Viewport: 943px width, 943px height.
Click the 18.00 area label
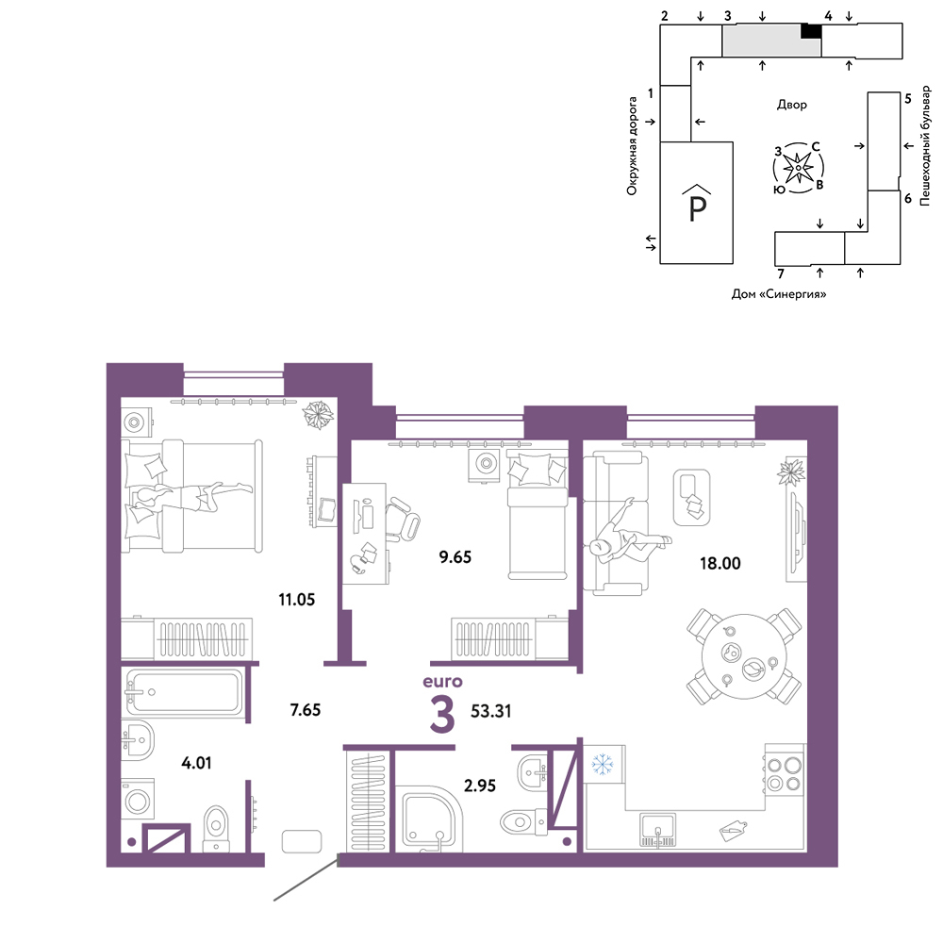pyautogui.click(x=720, y=564)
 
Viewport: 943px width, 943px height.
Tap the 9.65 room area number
pyautogui.click(x=455, y=557)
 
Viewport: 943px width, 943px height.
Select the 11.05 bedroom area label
pyautogui.click(x=296, y=600)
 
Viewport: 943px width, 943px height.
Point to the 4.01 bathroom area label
pyautogui.click(x=196, y=763)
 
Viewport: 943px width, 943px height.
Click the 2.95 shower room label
pyautogui.click(x=480, y=786)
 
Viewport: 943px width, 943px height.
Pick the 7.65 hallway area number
pyautogui.click(x=306, y=710)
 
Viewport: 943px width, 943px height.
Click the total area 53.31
pyautogui.click(x=490, y=711)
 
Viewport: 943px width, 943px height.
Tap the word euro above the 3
pyautogui.click(x=442, y=682)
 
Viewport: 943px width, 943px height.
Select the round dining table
pyautogui.click(x=745, y=655)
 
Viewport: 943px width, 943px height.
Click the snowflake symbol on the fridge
pyautogui.click(x=602, y=764)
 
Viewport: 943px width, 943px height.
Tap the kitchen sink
pyautogui.click(x=657, y=829)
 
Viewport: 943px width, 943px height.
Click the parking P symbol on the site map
pyautogui.click(x=697, y=204)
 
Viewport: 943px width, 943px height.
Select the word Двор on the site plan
pyautogui.click(x=791, y=105)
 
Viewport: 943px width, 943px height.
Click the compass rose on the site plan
pyautogui.click(x=798, y=168)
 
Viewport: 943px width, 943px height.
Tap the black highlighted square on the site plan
pyautogui.click(x=811, y=31)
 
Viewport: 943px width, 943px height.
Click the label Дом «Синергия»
pyautogui.click(x=779, y=294)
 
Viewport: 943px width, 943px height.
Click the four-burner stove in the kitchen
pyautogui.click(x=785, y=774)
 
